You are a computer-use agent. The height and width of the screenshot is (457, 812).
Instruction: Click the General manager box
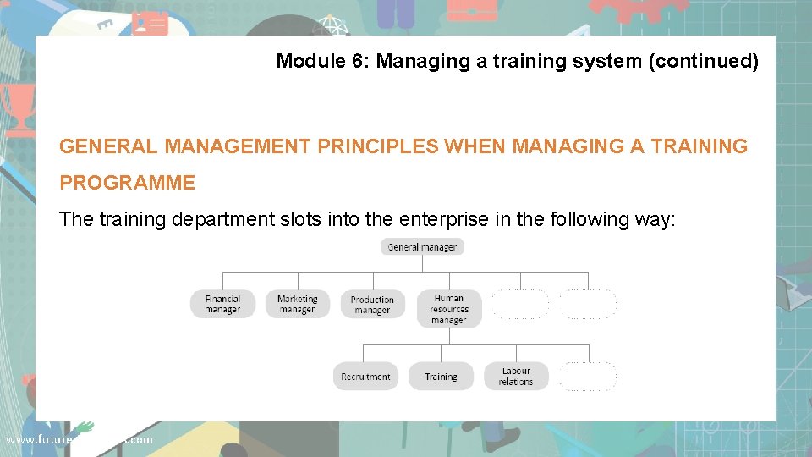click(x=422, y=247)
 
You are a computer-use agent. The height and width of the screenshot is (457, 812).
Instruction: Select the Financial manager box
click(x=222, y=305)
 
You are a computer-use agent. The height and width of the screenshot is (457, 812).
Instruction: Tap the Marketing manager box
click(x=297, y=305)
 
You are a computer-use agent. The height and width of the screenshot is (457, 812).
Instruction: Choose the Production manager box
click(x=372, y=305)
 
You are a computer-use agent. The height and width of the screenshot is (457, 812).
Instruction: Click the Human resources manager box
click(x=448, y=309)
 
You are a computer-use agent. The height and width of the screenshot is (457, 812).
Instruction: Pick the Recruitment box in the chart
click(x=365, y=377)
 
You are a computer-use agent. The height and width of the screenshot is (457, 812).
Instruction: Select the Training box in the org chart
click(x=441, y=377)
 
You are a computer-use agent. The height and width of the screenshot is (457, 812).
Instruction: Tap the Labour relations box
click(x=515, y=377)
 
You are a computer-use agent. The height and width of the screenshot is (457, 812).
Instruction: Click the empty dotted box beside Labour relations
click(x=588, y=377)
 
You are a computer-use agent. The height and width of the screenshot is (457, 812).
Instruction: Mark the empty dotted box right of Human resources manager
click(x=520, y=305)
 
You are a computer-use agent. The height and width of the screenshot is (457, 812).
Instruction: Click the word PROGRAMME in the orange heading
click(x=127, y=183)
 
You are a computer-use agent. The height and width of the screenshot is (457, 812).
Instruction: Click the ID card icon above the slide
click(x=150, y=24)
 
